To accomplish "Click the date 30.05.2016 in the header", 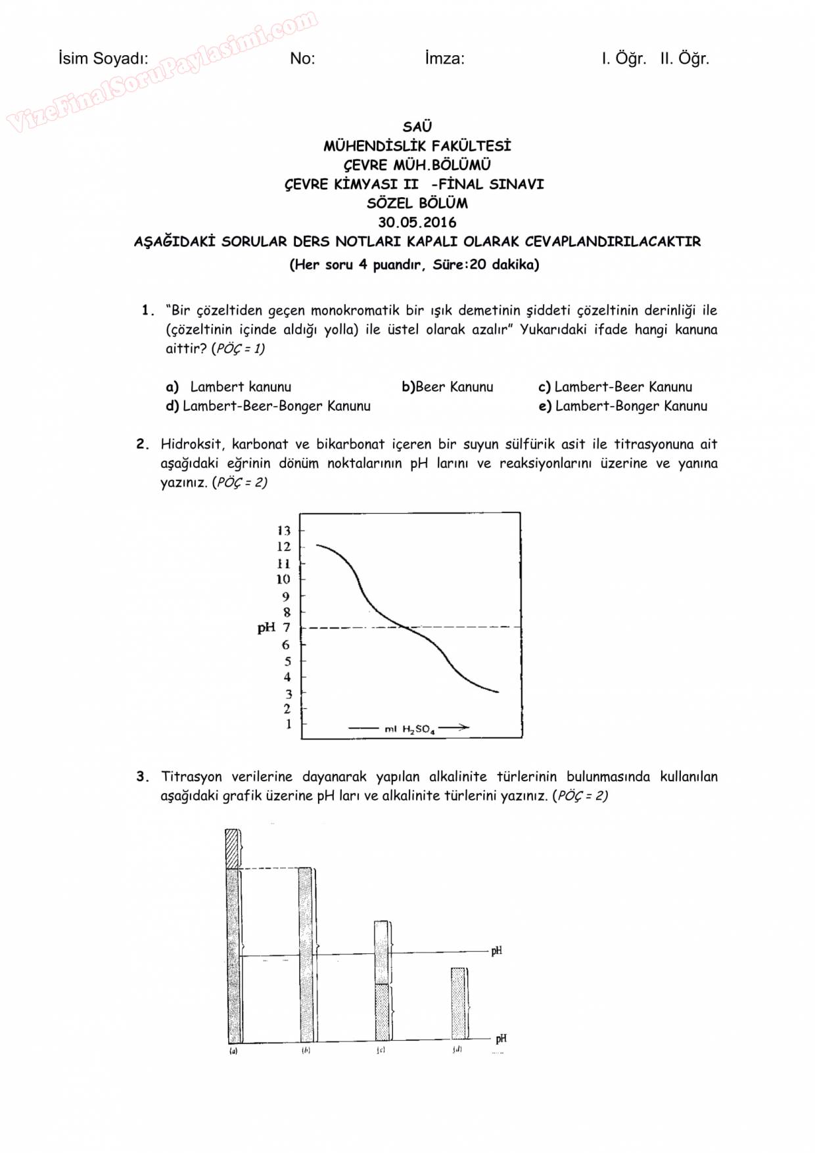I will coord(417,222).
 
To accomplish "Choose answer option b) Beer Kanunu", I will coord(448,387).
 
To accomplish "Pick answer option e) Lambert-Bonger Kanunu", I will coord(623,406).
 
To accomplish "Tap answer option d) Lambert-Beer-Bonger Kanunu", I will coord(268,406).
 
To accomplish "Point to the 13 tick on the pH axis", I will coord(284,530).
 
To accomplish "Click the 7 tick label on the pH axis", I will coord(287,627).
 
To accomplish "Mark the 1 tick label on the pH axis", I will coord(288,724).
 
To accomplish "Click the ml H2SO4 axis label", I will coord(409,729).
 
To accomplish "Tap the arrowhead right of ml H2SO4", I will coord(463,727).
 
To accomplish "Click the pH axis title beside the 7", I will coord(266,627).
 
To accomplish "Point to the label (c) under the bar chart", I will coord(381,1051).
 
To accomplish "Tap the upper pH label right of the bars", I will coord(497,951).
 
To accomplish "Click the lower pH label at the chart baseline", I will coord(501,1039).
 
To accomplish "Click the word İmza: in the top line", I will coord(444,58).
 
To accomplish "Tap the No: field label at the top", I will coord(302,58).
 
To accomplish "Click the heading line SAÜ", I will coord(417,126).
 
